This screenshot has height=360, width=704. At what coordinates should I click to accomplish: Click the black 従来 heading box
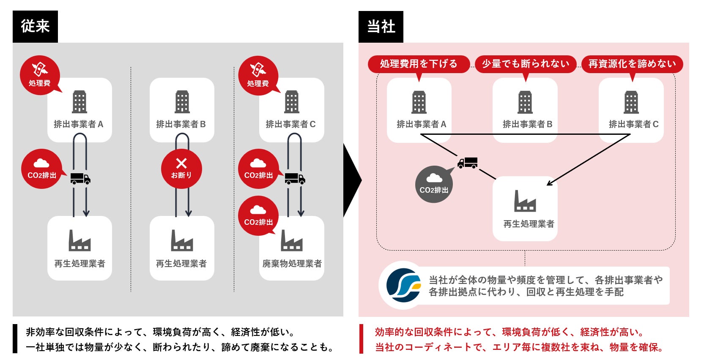click(35, 26)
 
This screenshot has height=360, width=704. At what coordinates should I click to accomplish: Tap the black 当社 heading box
click(381, 27)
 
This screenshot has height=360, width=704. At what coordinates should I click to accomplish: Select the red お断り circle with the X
click(181, 169)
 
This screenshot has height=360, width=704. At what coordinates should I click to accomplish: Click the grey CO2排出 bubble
click(434, 184)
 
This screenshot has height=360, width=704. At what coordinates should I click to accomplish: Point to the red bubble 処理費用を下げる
click(419, 64)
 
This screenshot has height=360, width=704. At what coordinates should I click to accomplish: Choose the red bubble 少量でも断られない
click(526, 64)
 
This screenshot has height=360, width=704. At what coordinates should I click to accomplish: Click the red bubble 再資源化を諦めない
click(632, 64)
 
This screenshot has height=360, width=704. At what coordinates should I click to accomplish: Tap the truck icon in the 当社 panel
click(467, 163)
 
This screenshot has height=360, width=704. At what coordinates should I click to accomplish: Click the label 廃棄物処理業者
click(292, 264)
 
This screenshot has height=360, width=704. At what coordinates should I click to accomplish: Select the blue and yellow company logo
click(404, 285)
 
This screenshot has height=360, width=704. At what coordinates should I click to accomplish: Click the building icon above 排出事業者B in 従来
click(182, 101)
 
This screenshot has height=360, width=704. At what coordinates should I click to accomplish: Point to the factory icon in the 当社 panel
click(525, 201)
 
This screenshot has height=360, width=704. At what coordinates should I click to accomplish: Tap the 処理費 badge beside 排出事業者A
click(40, 75)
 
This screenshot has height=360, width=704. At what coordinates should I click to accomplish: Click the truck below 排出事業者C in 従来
click(295, 179)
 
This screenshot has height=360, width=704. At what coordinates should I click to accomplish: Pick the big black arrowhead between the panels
click(352, 180)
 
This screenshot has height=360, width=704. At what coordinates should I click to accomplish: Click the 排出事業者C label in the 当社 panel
click(633, 124)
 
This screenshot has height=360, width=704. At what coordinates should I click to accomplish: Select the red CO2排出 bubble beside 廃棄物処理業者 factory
click(258, 216)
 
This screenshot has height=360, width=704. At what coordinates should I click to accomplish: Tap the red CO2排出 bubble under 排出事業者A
click(41, 169)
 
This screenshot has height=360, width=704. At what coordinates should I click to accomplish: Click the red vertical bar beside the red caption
click(362, 338)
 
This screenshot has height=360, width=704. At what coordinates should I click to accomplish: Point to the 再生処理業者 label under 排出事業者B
click(181, 264)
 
